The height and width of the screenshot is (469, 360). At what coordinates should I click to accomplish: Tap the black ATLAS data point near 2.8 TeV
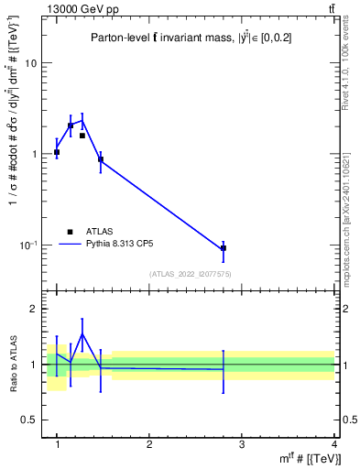[224, 248]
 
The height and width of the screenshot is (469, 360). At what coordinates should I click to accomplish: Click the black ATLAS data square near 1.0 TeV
[57, 152]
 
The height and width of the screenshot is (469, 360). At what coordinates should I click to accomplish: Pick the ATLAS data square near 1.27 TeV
[82, 136]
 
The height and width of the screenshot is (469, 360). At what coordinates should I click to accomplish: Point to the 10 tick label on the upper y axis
[30, 63]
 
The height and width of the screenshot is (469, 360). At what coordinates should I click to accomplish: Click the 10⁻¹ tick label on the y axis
[28, 245]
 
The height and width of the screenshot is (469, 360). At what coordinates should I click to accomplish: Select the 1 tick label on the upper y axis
[34, 154]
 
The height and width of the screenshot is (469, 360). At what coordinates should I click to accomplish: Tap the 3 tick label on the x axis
[241, 444]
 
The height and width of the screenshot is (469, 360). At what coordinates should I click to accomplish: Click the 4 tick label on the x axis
[333, 444]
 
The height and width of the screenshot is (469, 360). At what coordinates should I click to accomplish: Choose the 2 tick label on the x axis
[149, 444]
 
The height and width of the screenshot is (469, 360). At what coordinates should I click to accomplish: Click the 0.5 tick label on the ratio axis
[28, 420]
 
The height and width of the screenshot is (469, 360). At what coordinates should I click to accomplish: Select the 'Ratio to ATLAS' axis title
[14, 365]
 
